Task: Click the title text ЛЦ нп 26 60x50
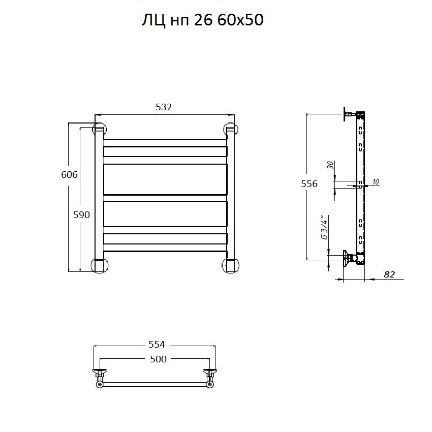click(202, 20)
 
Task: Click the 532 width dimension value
click(164, 107)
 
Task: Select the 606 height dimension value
click(69, 174)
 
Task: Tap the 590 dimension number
click(81, 214)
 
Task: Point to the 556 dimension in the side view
click(309, 183)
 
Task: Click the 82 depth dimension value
click(389, 274)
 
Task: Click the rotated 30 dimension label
click(330, 165)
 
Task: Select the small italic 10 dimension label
click(376, 182)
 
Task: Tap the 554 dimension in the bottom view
click(157, 345)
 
